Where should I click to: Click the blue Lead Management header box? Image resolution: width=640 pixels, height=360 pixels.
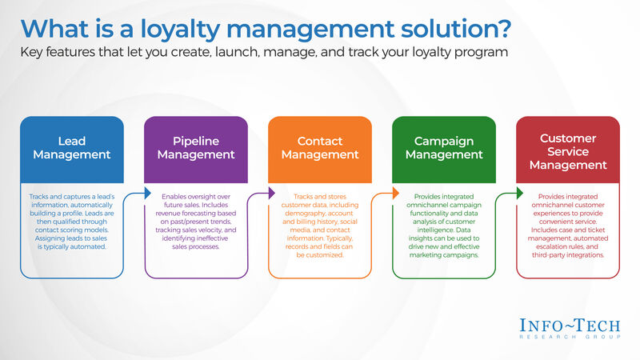click(x=71, y=147)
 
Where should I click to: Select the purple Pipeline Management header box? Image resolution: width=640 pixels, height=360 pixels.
click(x=195, y=147)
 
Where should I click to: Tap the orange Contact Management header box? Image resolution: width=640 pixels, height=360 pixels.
click(x=320, y=147)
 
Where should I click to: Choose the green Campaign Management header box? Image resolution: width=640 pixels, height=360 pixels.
click(x=444, y=147)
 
